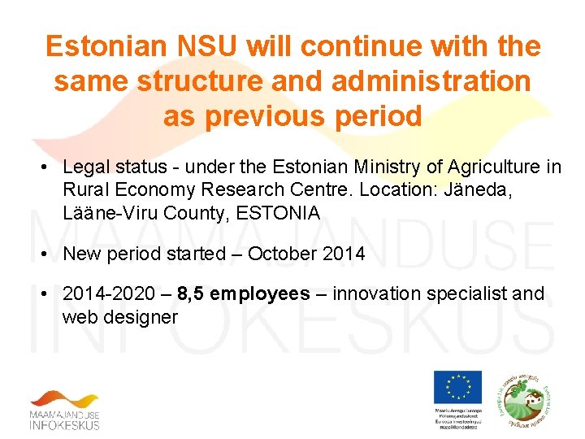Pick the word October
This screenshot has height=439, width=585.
coord(283,254)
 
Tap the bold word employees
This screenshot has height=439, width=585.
coord(260,293)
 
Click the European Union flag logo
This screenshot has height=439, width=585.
coord(457,386)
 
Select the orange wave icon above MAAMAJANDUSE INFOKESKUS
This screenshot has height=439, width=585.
coord(65,400)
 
